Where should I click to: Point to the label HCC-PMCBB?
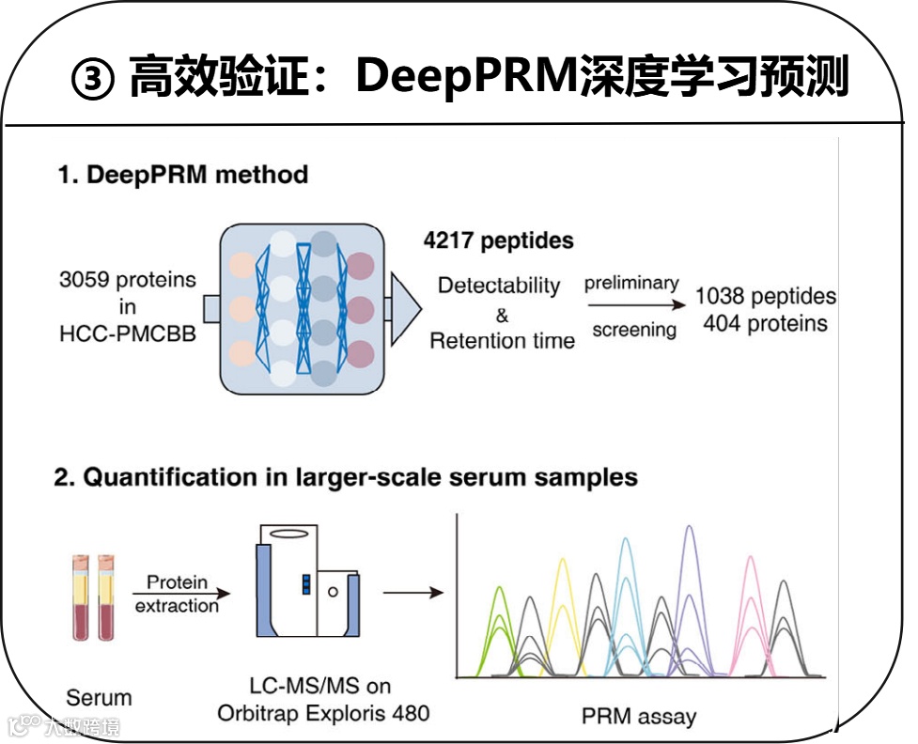(x=128, y=333)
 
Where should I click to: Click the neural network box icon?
(x=303, y=309)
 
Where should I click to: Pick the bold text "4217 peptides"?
(x=498, y=240)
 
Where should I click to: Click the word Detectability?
(x=499, y=286)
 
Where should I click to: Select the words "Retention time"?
(x=502, y=340)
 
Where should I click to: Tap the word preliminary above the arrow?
(x=630, y=284)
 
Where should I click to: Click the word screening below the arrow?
(x=633, y=330)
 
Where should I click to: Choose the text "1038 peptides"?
(x=765, y=297)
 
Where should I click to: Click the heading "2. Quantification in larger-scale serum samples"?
(x=346, y=477)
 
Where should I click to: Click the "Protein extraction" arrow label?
(x=177, y=595)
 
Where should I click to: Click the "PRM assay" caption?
(x=639, y=717)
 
